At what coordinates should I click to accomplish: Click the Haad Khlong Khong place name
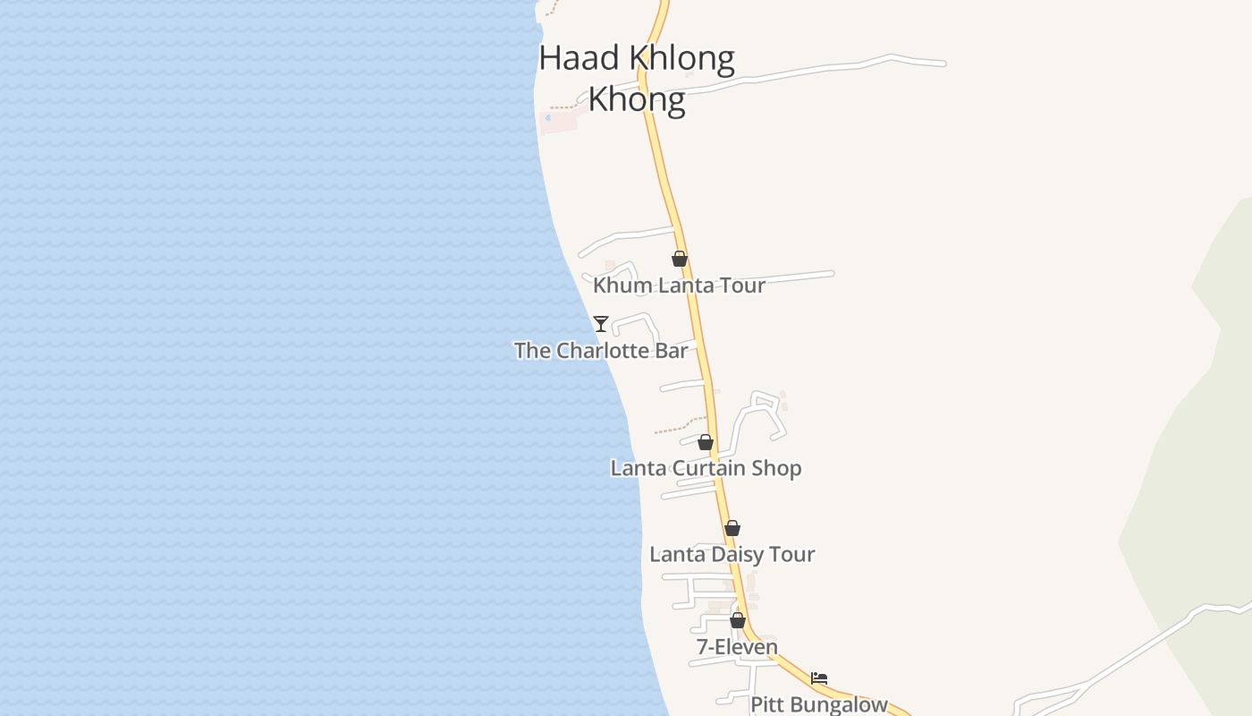coord(637,78)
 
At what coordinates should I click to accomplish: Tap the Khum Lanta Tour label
coord(679,286)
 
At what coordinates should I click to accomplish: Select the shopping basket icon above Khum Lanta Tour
coord(680,259)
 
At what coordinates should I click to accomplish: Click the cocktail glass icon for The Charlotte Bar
coord(601,323)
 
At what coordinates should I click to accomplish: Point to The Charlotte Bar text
coord(601,350)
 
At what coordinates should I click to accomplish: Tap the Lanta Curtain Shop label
coord(706,468)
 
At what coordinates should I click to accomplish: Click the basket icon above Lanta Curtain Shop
coord(706,442)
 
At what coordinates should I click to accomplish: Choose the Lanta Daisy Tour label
coord(732,554)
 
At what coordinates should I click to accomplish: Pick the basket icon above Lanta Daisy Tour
coord(732,528)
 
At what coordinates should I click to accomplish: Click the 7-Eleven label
coord(737,646)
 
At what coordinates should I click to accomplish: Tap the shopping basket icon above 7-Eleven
coord(738,620)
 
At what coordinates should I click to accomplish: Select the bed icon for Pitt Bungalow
coord(819,678)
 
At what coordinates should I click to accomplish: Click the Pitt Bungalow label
coord(818,704)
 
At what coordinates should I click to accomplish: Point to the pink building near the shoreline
coord(559,121)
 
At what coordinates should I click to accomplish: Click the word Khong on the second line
coord(637,98)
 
